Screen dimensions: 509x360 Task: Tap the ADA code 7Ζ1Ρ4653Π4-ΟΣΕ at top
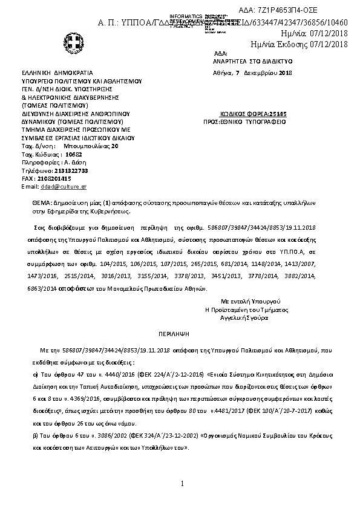(309, 11)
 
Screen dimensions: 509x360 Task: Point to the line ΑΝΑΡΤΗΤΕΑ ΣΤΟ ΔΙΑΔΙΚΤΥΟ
(244, 62)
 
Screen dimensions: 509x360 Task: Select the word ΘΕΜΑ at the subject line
(42, 204)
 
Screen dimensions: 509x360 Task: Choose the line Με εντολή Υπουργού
(249, 300)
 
